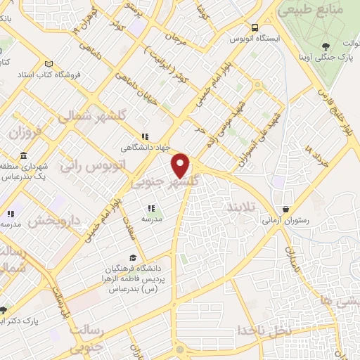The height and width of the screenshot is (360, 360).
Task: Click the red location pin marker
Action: click(181, 165)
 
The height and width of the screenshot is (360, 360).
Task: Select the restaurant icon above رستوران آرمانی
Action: click(286, 210)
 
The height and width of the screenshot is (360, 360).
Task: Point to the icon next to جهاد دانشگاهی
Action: click(145, 137)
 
